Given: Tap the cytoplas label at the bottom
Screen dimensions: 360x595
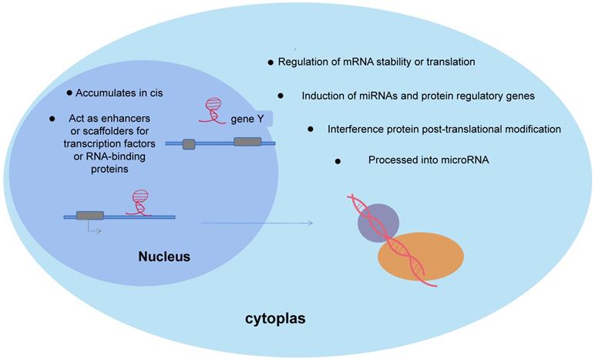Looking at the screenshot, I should pyautogui.click(x=275, y=318).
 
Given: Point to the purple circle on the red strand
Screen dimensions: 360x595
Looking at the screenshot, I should pyautogui.click(x=378, y=220).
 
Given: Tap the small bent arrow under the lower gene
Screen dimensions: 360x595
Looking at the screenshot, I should pyautogui.click(x=92, y=230).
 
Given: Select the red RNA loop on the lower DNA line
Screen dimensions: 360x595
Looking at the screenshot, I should pyautogui.click(x=139, y=202).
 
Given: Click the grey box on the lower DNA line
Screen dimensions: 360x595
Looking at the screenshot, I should pyautogui.click(x=89, y=216).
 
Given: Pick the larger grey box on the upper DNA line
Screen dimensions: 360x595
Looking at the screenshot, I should pyautogui.click(x=247, y=142).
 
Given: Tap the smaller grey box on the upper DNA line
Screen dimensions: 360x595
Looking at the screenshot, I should pyautogui.click(x=189, y=143).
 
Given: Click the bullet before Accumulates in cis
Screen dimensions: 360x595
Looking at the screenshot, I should pyautogui.click(x=69, y=93).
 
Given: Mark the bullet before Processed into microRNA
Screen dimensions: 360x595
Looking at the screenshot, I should pyautogui.click(x=337, y=160).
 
